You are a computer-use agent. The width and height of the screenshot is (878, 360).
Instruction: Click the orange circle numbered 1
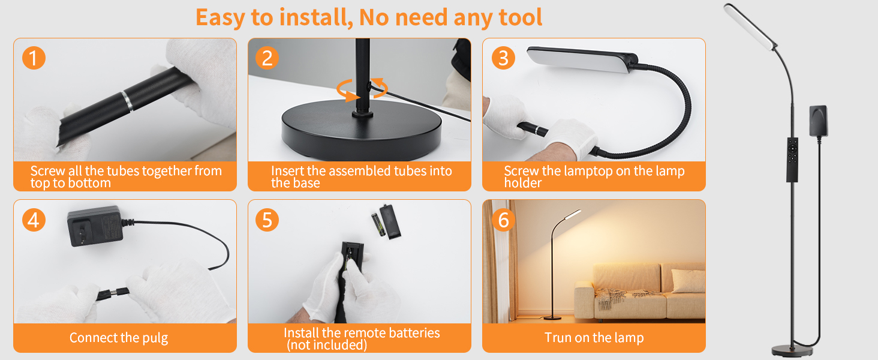pyautogui.click(x=34, y=58)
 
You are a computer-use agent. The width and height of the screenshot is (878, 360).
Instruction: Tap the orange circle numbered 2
pyautogui.click(x=267, y=58)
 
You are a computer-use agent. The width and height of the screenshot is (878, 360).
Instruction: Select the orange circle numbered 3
pyautogui.click(x=503, y=58)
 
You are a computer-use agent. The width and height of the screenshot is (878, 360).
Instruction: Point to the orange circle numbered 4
pyautogui.click(x=34, y=220)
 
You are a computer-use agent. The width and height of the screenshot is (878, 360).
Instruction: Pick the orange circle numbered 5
pyautogui.click(x=267, y=220)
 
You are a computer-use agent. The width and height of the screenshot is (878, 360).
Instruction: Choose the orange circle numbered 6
pyautogui.click(x=503, y=220)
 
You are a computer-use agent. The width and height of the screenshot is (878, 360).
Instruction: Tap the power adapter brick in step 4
pyautogui.click(x=95, y=226)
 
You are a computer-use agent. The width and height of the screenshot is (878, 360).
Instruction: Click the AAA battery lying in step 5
pyautogui.click(x=378, y=224)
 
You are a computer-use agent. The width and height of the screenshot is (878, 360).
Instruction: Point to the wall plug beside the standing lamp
pyautogui.click(x=819, y=121)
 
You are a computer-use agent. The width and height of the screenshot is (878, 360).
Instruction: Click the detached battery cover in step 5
pyautogui.click(x=390, y=221)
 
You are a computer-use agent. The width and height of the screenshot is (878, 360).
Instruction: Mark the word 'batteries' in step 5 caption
pyautogui.click(x=414, y=333)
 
